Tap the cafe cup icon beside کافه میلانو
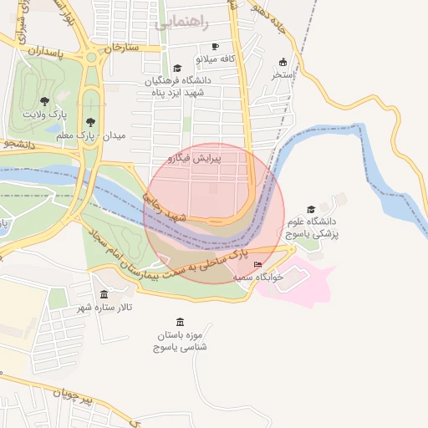(x=216, y=47)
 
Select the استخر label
(x=283, y=74)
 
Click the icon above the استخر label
(x=283, y=62)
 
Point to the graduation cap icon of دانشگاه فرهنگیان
(x=176, y=69)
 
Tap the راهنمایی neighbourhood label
(x=177, y=23)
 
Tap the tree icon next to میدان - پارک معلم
(x=90, y=123)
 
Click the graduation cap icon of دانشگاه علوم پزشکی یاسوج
(x=312, y=210)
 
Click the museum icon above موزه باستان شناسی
(x=181, y=322)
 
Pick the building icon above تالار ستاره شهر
(x=104, y=295)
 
